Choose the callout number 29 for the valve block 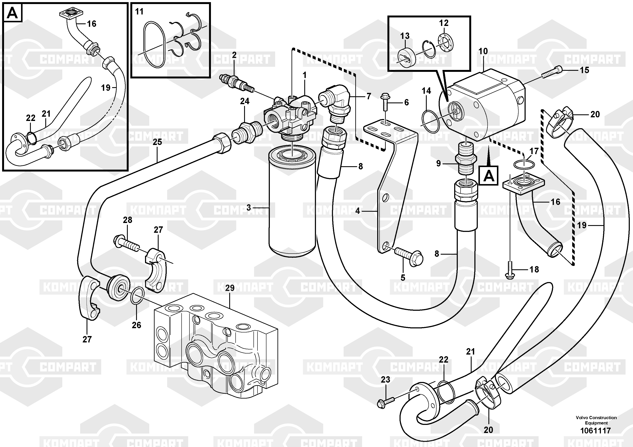[x=230, y=288]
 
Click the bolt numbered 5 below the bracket [x=408, y=255]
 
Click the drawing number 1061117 [x=596, y=430]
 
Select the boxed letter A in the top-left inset [x=12, y=13]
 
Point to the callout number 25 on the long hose [x=157, y=142]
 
